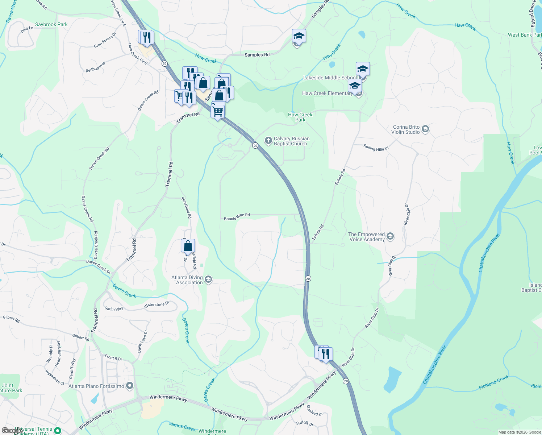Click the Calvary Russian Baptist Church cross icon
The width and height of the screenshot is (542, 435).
click(268, 141)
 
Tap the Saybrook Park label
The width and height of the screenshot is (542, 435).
click(51, 25)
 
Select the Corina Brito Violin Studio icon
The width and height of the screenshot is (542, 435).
click(425, 129)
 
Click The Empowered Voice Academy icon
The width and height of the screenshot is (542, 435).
click(390, 237)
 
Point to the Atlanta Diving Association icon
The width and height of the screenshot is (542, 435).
click(208, 279)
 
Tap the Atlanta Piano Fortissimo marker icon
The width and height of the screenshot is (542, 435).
click(130, 386)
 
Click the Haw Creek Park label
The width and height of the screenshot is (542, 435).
click(300, 117)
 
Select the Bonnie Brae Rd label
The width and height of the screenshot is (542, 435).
click(237, 217)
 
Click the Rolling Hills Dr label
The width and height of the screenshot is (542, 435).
click(376, 148)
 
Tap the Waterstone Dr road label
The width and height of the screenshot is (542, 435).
click(157, 305)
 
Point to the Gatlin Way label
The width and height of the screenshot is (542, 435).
click(114, 309)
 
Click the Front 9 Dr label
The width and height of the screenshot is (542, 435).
click(113, 358)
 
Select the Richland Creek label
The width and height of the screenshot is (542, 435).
click(493, 382)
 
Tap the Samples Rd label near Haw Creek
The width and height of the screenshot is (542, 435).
click(257, 55)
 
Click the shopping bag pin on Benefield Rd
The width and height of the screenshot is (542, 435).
click(188, 246)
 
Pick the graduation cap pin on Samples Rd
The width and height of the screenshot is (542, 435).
click(299, 36)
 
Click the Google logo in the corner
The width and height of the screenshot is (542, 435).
click(12, 431)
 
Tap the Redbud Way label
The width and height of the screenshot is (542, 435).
click(96, 67)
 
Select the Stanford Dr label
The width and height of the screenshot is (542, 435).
click(314, 410)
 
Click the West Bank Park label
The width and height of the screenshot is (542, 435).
click(524, 35)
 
